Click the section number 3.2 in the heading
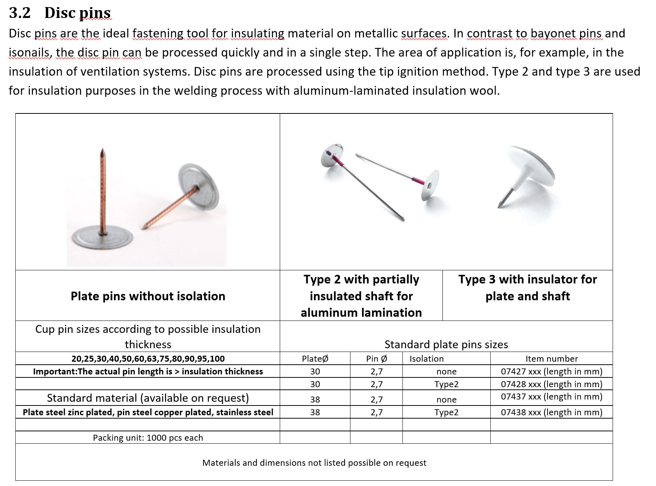click(x=19, y=13)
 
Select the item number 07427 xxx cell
click(x=551, y=371)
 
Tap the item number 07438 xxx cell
click(x=551, y=412)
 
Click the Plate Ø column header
click(x=315, y=359)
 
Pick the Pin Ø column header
click(x=376, y=359)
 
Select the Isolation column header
click(x=426, y=359)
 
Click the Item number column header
click(x=551, y=359)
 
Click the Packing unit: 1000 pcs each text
click(x=148, y=438)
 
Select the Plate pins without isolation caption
click(x=148, y=296)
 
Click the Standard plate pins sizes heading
click(x=446, y=344)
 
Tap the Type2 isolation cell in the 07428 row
click(x=446, y=384)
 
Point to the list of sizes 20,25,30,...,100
click(x=148, y=359)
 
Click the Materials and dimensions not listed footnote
click(x=314, y=463)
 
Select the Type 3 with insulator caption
click(x=527, y=288)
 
